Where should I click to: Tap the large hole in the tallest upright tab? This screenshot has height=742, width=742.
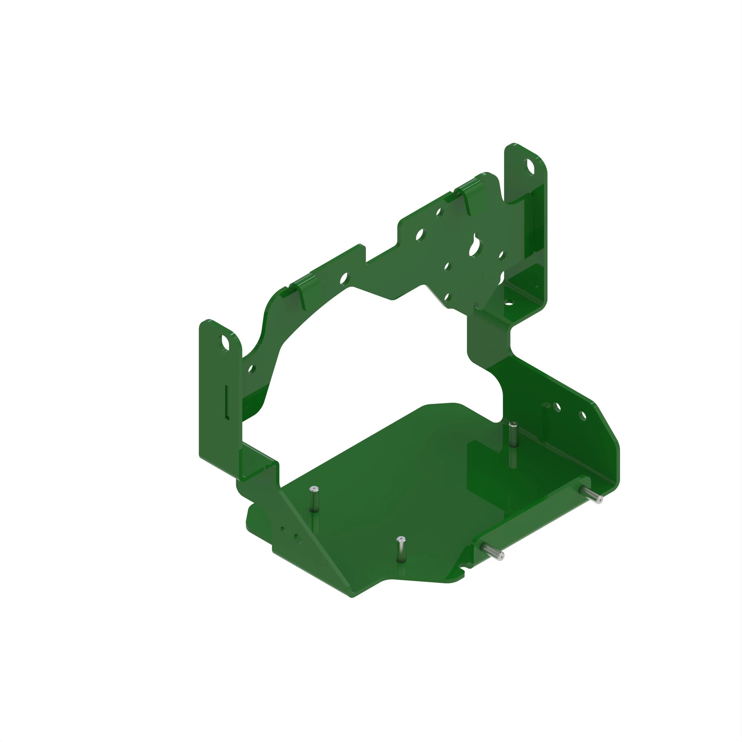[530, 167]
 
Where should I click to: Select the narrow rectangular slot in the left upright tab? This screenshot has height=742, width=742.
[227, 402]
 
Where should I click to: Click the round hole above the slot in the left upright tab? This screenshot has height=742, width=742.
[225, 342]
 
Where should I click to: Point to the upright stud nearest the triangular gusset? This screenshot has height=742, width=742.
[314, 499]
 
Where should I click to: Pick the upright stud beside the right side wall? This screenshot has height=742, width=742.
[513, 434]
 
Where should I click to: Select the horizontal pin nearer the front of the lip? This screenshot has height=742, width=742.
[493, 552]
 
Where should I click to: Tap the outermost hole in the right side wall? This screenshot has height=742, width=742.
[582, 416]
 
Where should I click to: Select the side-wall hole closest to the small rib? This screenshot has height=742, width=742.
[557, 407]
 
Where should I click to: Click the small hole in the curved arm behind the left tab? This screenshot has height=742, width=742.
[252, 369]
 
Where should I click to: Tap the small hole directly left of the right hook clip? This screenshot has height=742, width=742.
[439, 211]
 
